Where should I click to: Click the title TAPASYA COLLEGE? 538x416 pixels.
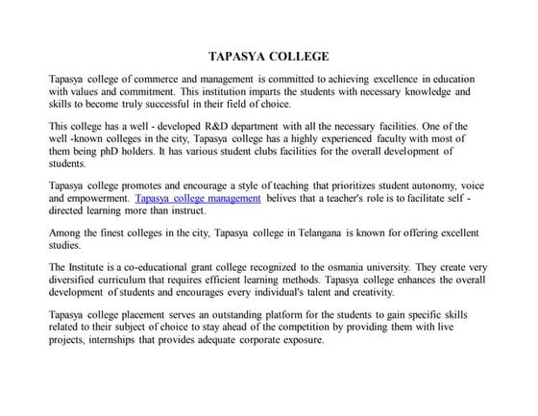point(268,57)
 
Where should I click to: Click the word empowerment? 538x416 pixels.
point(91,198)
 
